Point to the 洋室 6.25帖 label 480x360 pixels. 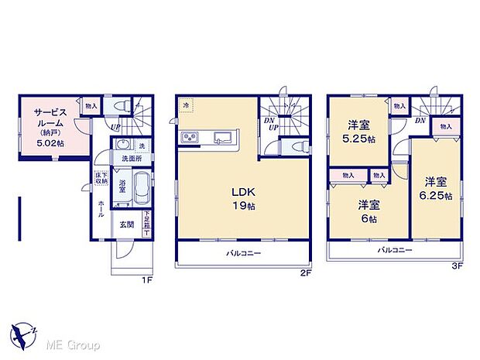point(436,187)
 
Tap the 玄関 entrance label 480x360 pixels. point(125,225)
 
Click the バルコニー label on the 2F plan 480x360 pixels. point(243,253)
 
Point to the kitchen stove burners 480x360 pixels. point(190,139)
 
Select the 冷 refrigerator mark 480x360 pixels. point(185,105)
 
